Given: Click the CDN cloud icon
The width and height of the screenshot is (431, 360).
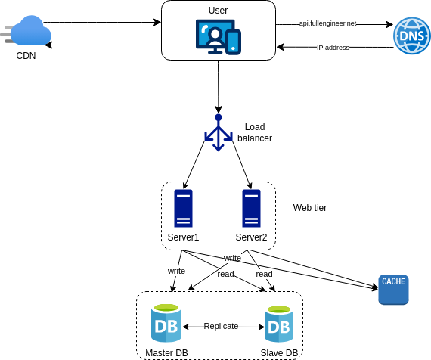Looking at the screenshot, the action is pyautogui.click(x=26, y=30).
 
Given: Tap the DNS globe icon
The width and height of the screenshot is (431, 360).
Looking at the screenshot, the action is pyautogui.click(x=412, y=36).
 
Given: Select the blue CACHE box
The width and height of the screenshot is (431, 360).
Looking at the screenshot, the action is pyautogui.click(x=393, y=290).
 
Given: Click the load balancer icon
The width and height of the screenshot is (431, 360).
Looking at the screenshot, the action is pyautogui.click(x=219, y=132).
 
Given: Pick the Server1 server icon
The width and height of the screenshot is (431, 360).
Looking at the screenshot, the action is pyautogui.click(x=183, y=208).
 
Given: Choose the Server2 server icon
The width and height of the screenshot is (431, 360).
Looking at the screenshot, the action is pyautogui.click(x=251, y=208).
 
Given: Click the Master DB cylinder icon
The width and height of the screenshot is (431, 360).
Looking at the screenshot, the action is pyautogui.click(x=166, y=323).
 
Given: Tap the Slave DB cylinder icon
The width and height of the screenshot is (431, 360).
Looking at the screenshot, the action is pyautogui.click(x=279, y=324).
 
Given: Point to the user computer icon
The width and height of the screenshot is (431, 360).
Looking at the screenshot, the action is pyautogui.click(x=219, y=37).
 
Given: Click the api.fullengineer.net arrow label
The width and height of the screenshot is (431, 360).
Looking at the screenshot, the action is pyautogui.click(x=327, y=23).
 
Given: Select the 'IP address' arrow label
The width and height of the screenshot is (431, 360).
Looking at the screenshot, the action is pyautogui.click(x=333, y=48).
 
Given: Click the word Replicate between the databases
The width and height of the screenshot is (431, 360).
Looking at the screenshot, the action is pyautogui.click(x=221, y=326).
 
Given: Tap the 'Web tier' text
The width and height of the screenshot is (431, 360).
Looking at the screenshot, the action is pyautogui.click(x=310, y=208).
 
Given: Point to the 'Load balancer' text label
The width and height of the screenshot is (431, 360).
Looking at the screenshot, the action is pyautogui.click(x=255, y=132).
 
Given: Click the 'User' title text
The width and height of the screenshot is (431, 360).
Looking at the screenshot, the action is pyautogui.click(x=218, y=11).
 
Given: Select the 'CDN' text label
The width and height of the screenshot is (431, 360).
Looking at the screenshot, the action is pyautogui.click(x=26, y=56).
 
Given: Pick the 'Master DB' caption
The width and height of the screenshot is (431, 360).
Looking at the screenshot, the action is pyautogui.click(x=166, y=353).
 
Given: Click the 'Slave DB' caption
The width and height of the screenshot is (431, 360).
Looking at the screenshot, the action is pyautogui.click(x=279, y=353).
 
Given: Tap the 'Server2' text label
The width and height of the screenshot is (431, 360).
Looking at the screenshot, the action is pyautogui.click(x=251, y=237).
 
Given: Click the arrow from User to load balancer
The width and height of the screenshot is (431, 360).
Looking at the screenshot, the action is pyautogui.click(x=219, y=87).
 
